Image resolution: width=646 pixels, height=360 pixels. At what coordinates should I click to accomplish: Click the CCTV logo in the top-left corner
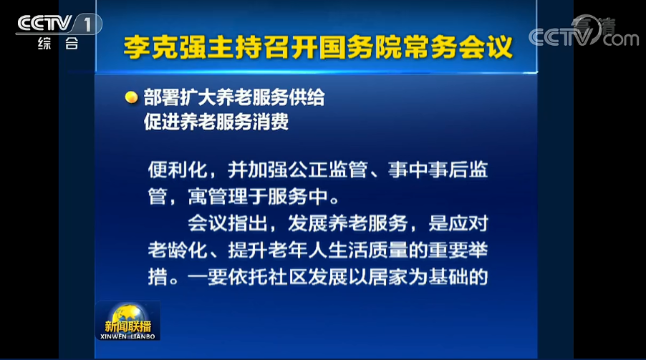(44, 24)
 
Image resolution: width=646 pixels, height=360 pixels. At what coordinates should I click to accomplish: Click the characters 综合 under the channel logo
(58, 43)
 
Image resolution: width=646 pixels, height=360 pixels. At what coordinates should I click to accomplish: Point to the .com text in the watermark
(621, 39)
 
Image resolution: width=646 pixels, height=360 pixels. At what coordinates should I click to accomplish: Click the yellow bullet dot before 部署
(132, 97)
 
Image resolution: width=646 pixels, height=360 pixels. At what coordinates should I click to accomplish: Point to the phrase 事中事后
(428, 170)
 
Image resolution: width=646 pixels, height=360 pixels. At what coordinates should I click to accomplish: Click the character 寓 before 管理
(198, 197)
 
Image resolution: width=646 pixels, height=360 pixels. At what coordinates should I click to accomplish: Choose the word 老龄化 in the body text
(178, 250)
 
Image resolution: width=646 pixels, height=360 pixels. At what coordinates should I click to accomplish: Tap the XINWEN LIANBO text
(127, 336)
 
